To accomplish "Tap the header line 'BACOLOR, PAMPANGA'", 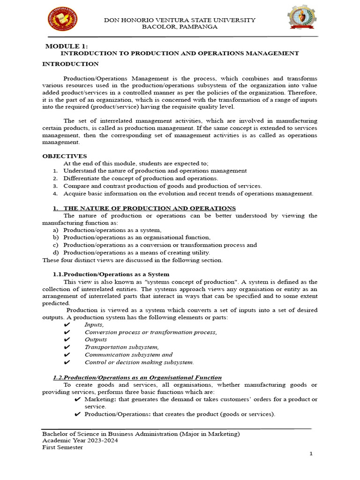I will [180, 27].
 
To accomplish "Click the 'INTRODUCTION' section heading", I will [70, 64].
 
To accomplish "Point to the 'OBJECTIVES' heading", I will [65, 156].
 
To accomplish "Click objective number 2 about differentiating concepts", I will [141, 179].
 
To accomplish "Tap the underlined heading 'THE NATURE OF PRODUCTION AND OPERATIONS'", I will [150, 208].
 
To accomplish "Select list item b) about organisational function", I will [137, 238].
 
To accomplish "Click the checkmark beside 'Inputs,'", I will [66, 325].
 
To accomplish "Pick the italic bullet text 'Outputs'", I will [96, 340].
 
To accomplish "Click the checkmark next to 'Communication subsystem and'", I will [66, 355].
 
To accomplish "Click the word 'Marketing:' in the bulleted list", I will [99, 399].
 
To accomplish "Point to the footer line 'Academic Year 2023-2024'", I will [80, 441].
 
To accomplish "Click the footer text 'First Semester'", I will [62, 447].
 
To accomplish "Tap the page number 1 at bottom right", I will [310, 454].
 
